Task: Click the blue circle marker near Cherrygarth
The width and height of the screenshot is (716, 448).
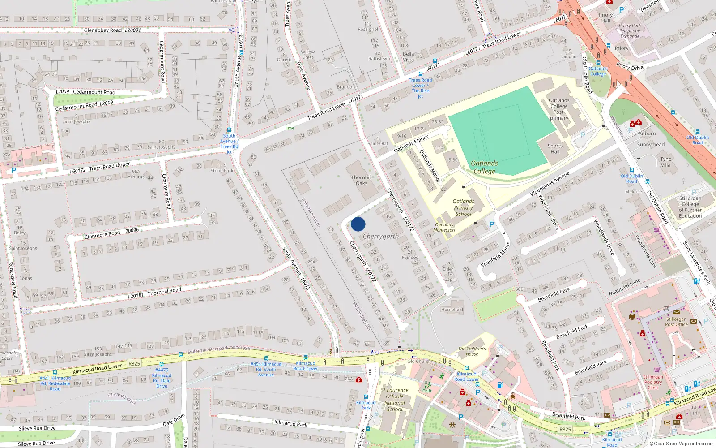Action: click(358, 224)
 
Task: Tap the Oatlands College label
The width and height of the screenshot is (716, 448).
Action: click(484, 167)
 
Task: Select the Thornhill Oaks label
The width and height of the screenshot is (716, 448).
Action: click(362, 180)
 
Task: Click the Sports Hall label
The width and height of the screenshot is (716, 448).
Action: click(555, 149)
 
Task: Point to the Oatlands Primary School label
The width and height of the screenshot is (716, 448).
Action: click(463, 207)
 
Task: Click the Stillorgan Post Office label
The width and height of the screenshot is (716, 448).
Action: click(676, 322)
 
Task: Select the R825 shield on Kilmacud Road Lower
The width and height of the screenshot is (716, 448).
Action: click(134, 364)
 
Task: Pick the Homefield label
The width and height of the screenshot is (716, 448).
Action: click(452, 310)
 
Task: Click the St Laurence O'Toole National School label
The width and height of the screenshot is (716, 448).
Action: click(395, 400)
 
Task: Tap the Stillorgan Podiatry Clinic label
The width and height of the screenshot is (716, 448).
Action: click(653, 382)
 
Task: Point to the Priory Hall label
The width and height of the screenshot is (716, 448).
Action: click(605, 18)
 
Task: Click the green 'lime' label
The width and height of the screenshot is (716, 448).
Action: click(290, 128)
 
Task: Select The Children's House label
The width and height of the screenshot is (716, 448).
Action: click(472, 351)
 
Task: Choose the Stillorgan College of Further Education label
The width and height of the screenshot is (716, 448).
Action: click(690, 207)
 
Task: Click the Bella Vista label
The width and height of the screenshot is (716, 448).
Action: click(408, 57)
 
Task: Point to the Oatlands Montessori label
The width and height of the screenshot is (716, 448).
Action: click(444, 228)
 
